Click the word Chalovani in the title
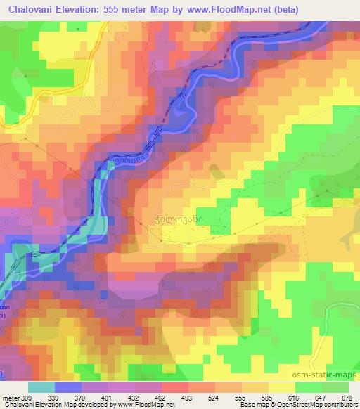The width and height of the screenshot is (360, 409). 31,10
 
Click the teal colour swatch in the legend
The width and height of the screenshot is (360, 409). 41,387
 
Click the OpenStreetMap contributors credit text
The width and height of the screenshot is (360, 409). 322,405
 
